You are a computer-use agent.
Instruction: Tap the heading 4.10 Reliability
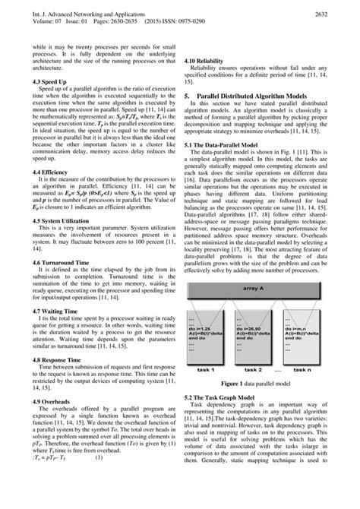coord(210,59)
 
